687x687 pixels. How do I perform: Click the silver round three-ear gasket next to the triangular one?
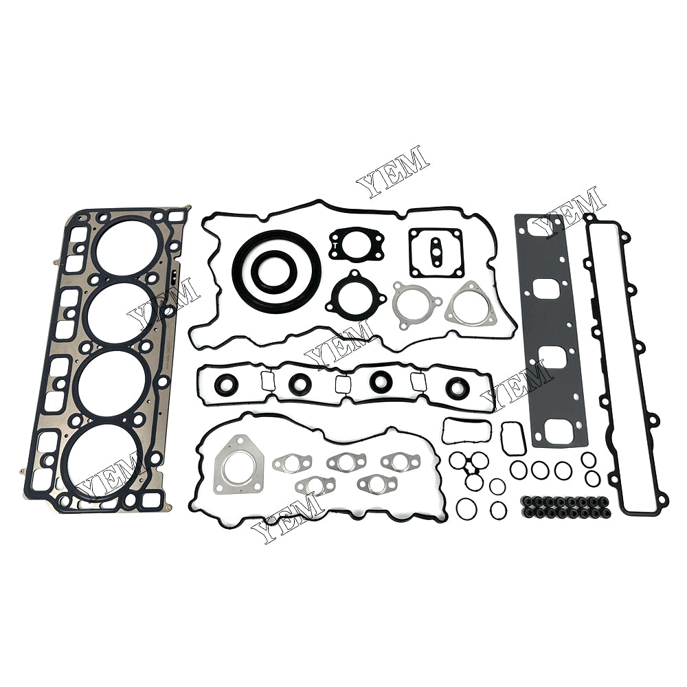(416, 306)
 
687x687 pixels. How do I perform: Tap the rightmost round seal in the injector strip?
(455, 388)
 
